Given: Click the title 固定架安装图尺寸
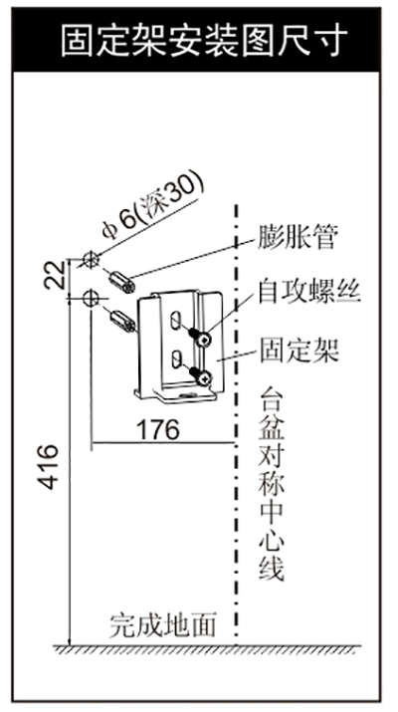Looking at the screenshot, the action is [204, 41].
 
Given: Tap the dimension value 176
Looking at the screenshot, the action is [158, 429].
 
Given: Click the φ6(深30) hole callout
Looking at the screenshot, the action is [152, 207].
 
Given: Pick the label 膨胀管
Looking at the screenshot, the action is [297, 238].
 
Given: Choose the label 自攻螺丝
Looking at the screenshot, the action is [309, 292].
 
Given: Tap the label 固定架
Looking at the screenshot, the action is [299, 351].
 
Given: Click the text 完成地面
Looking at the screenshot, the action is [162, 625].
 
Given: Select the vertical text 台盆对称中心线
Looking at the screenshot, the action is [271, 483].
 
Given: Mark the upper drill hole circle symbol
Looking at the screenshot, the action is [91, 259].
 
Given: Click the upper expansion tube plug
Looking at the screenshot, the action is [122, 282].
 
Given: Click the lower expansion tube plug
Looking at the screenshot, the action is [122, 321].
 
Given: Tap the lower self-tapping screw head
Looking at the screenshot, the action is [205, 376].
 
